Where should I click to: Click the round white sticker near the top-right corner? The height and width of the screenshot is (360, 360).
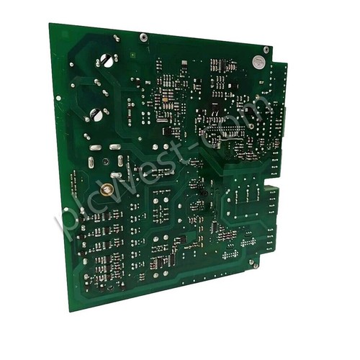coord(258,62)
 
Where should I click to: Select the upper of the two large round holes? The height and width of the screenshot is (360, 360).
coord(107,60)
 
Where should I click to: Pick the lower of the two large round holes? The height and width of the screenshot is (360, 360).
coord(96,114)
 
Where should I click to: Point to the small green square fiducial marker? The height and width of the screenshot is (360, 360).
coord(132,55)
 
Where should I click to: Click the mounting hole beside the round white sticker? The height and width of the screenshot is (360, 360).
coord(266,50)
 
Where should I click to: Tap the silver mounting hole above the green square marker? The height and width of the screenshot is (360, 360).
coord(143,37)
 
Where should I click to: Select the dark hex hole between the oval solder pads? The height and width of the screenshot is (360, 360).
coord(106,161)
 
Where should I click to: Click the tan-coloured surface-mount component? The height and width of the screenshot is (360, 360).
coord(165,99)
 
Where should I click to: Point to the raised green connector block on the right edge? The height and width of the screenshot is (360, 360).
coord(272,192)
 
